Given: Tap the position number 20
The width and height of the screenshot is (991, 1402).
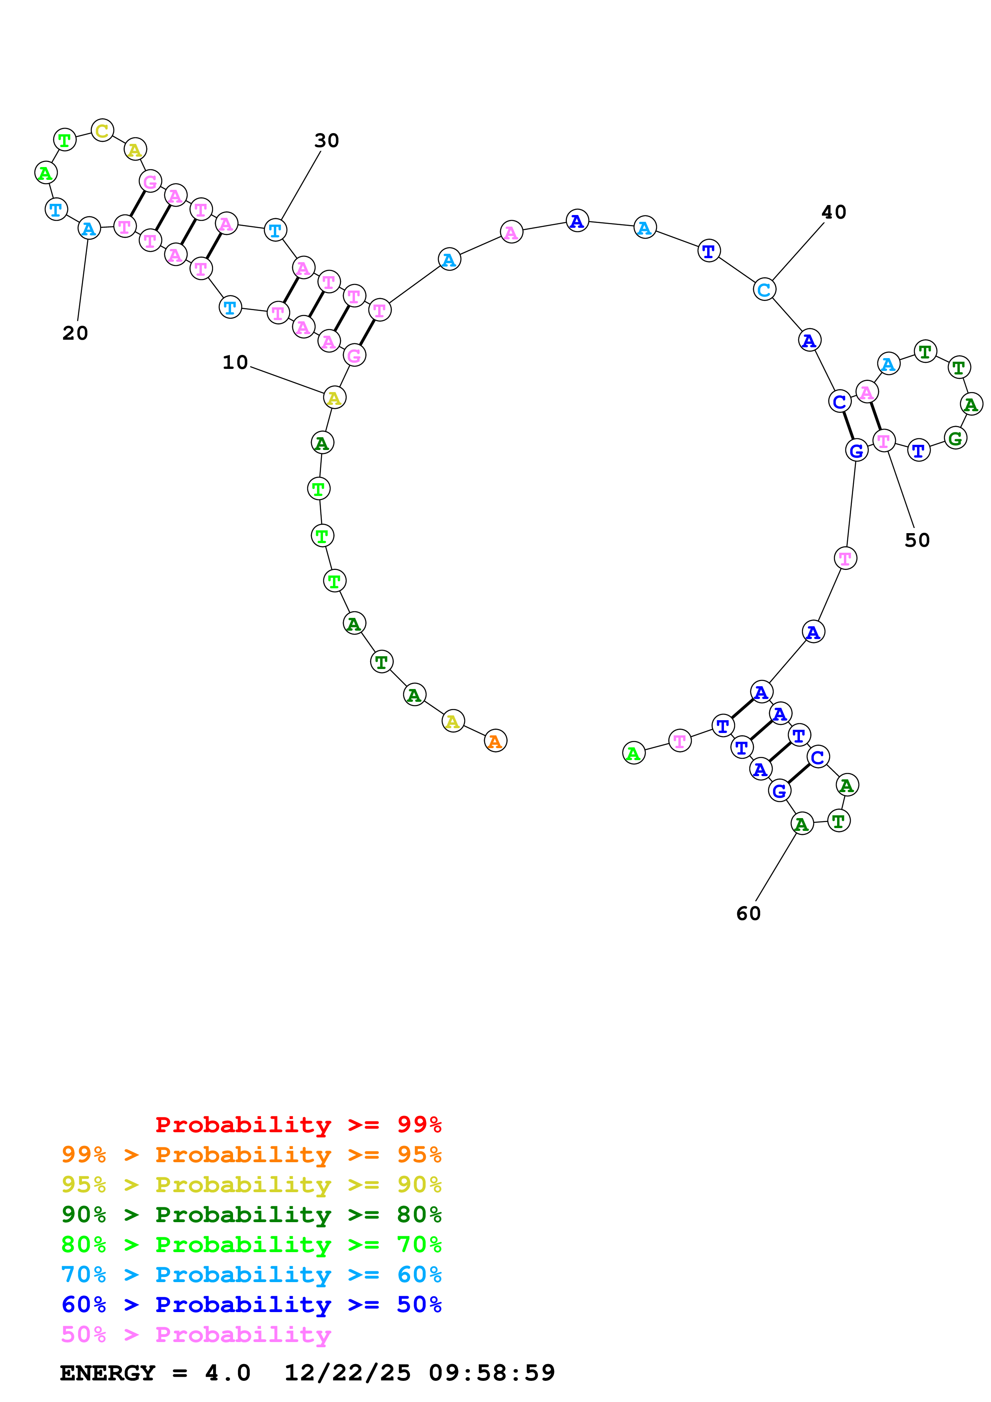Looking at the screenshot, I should click(75, 333).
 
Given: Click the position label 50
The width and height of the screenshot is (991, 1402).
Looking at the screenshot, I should click(917, 540).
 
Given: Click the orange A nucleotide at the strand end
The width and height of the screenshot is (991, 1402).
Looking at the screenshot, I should click(495, 741).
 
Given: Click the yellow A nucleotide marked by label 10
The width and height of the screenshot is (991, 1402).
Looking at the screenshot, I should click(334, 398).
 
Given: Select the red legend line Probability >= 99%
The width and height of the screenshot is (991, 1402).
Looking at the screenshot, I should click(298, 1124).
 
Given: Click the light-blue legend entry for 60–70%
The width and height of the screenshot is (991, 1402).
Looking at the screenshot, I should click(251, 1275).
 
